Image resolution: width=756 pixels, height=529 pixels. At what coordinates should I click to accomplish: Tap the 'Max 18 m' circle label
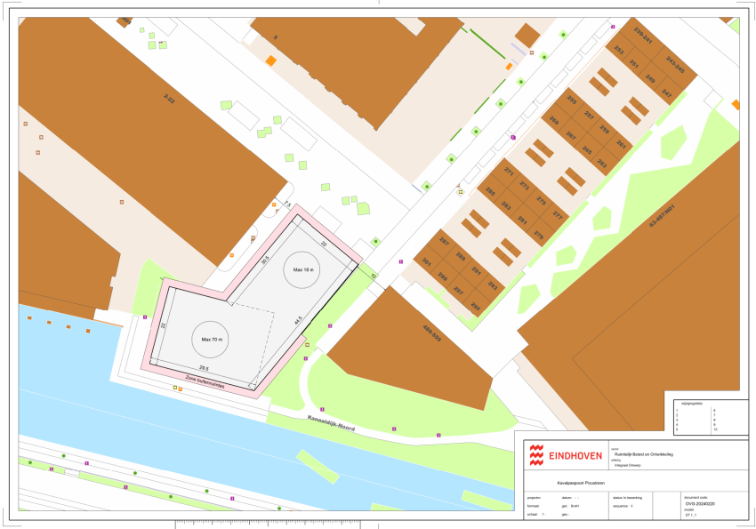[x=302, y=269]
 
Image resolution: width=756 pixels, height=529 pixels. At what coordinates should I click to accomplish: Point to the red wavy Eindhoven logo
[x=536, y=454]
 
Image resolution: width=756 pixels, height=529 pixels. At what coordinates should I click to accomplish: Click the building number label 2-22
[x=170, y=100]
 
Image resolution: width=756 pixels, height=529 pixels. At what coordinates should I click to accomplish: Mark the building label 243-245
[x=676, y=64]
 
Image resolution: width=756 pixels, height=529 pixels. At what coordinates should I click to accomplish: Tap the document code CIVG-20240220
[x=699, y=503]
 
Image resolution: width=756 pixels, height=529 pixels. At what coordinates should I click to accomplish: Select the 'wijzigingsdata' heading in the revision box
[x=691, y=403]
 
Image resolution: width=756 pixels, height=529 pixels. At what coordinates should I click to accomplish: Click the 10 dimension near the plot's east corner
[x=374, y=277]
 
